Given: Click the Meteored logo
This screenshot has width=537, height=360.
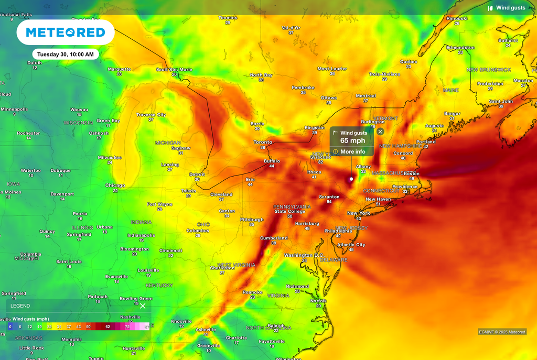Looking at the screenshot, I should [x=66, y=32].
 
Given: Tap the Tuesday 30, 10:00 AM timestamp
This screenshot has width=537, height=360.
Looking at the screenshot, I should [x=66, y=54].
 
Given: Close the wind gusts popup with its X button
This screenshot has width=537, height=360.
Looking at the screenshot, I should [x=380, y=132].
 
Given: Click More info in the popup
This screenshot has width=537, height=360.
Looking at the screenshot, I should [x=352, y=151].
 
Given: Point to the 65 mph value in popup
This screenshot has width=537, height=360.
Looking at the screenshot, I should [x=352, y=140].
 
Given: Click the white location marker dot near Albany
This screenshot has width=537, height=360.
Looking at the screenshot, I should [x=351, y=179].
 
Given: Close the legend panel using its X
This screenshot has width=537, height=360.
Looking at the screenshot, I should [x=143, y=306].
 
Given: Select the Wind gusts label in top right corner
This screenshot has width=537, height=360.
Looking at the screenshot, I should [x=510, y=8].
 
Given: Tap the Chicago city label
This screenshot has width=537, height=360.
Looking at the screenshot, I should [x=115, y=186].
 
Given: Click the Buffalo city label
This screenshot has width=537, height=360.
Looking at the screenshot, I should [x=272, y=161].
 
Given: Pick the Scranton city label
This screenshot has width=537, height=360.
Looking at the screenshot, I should [x=329, y=197].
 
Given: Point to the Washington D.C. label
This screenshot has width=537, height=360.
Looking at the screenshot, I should [x=304, y=255].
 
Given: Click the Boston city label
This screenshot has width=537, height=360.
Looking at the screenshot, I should [x=412, y=173].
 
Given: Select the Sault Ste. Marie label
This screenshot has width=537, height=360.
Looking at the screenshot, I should [x=174, y=69].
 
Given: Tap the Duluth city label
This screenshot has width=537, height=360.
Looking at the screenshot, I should [x=35, y=63].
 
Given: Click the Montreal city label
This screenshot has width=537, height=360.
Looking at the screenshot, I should [x=366, y=96].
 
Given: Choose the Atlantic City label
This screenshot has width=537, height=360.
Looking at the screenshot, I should [x=351, y=245].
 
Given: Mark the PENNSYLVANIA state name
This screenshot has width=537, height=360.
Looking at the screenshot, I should [x=292, y=206].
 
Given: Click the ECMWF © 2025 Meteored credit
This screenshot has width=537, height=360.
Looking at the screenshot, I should [x=502, y=332].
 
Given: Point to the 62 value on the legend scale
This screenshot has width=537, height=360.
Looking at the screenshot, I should [x=107, y=326].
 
